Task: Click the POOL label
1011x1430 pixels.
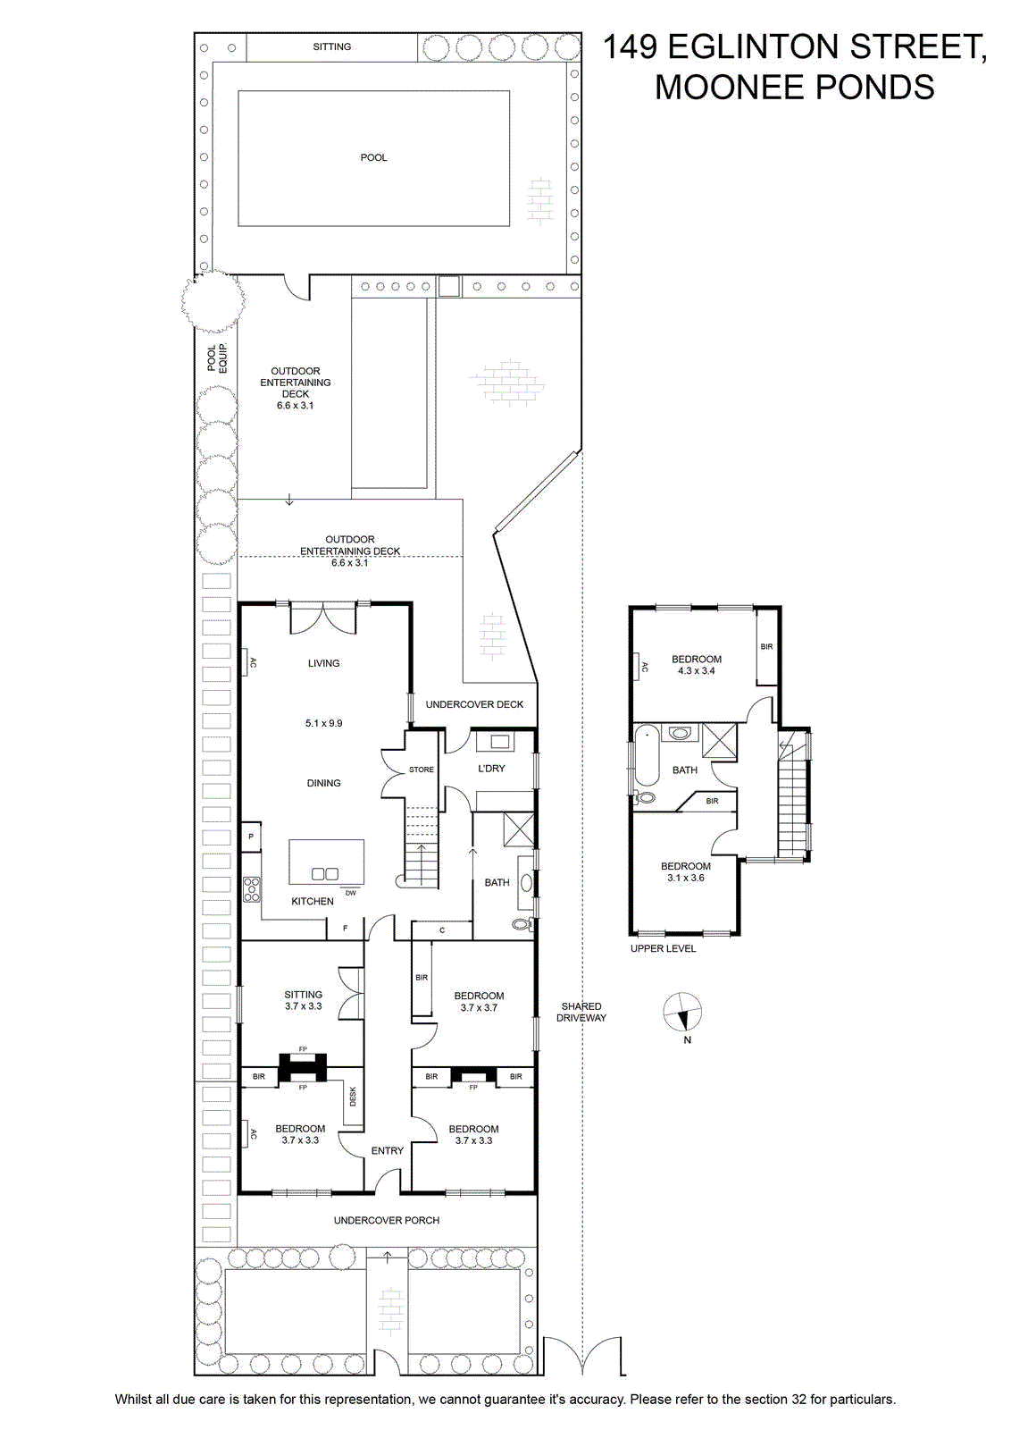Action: coord(373,157)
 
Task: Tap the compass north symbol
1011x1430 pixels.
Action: coord(681,1013)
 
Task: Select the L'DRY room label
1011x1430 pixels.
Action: coord(491,769)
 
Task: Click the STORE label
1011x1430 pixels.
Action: coord(421,770)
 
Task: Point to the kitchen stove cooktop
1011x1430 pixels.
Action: coord(252,889)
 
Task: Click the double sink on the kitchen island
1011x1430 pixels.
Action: coord(325,873)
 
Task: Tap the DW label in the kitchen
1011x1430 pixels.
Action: coord(351,893)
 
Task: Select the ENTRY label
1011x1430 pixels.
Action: coord(388,1150)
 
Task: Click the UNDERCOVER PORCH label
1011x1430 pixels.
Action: coord(387,1220)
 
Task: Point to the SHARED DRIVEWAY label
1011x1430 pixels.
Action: coord(581,1012)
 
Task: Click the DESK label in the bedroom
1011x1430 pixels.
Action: coord(353,1097)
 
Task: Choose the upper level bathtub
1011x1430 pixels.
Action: coord(646,756)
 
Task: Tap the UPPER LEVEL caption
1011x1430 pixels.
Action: coord(663,948)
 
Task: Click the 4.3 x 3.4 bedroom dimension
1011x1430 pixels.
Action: coord(696,671)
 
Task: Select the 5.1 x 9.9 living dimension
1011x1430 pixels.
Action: coord(323,723)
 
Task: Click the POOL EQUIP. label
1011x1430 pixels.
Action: coord(217,358)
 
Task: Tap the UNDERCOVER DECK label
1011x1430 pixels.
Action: coord(474,704)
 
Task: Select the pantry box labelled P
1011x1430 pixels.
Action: coord(251,837)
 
